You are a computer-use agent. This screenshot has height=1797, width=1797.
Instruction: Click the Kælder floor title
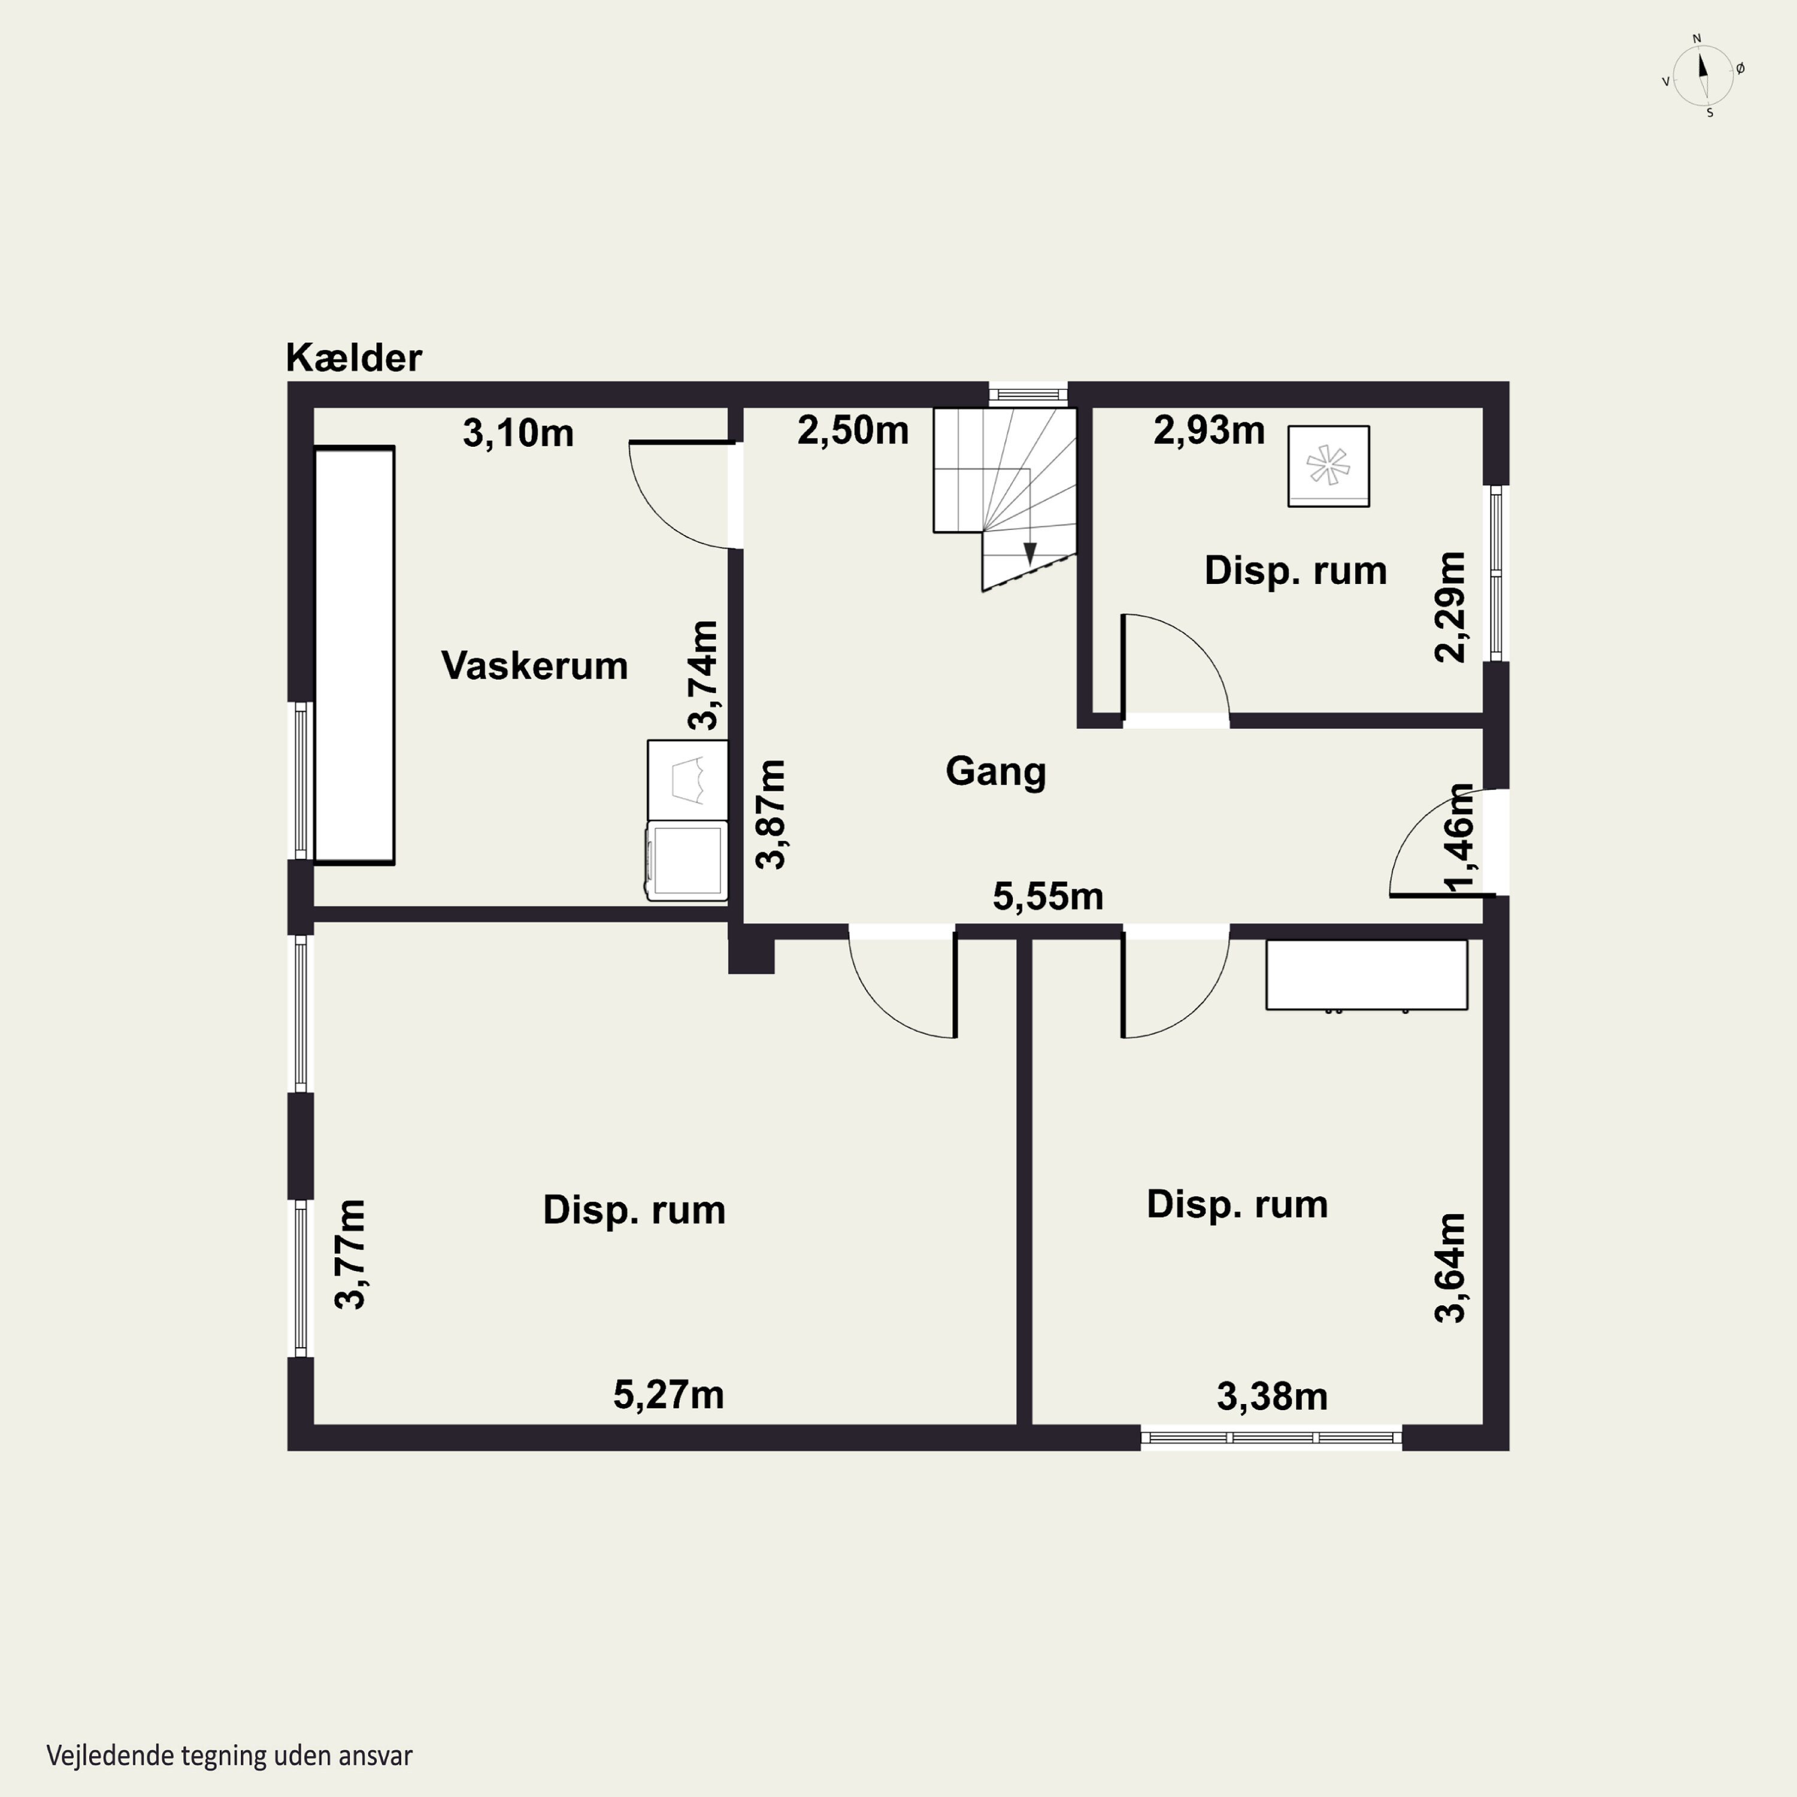point(353,357)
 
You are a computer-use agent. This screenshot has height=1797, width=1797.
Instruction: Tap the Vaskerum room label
point(535,666)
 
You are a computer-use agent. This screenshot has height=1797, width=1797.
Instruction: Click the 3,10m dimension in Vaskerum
point(518,434)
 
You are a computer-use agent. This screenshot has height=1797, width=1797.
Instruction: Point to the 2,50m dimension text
point(853,431)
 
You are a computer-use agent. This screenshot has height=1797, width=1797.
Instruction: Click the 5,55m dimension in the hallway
point(1048,897)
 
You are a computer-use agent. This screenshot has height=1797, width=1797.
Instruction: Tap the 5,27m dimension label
point(668,1395)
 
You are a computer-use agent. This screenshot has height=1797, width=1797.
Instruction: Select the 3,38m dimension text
point(1272,1396)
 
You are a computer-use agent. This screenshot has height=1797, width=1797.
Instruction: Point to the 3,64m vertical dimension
point(1451,1267)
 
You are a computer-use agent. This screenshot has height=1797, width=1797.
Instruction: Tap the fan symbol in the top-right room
point(1328,466)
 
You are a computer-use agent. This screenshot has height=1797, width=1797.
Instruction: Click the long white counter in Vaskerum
point(355,656)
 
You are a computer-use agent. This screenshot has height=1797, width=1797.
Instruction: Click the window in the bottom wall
point(1270,1437)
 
